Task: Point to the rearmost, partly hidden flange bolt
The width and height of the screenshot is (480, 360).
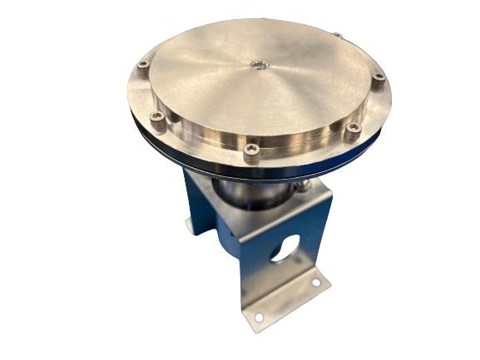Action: click(x=336, y=36)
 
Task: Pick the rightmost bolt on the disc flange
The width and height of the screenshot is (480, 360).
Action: click(x=379, y=78)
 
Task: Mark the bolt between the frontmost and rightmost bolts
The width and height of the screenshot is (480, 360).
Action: click(x=353, y=129)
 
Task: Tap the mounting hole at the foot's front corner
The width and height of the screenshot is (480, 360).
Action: click(x=258, y=317)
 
